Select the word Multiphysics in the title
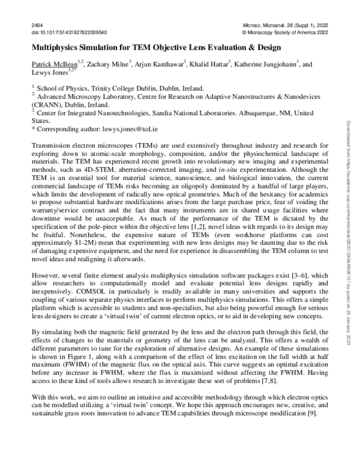(54, 46)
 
